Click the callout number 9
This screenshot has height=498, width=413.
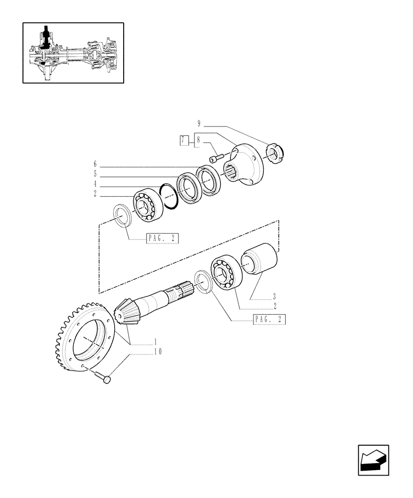(199, 124)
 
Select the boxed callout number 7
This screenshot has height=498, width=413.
(184, 140)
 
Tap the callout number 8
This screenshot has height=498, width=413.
(198, 140)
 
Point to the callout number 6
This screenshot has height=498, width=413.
(94, 163)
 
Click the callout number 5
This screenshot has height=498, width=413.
(94, 174)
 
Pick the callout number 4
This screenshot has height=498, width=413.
(94, 184)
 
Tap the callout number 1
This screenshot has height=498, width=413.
(155, 342)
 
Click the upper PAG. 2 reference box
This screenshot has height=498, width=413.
(162, 239)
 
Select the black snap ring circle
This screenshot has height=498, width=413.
(170, 197)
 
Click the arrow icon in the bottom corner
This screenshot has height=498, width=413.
(373, 460)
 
